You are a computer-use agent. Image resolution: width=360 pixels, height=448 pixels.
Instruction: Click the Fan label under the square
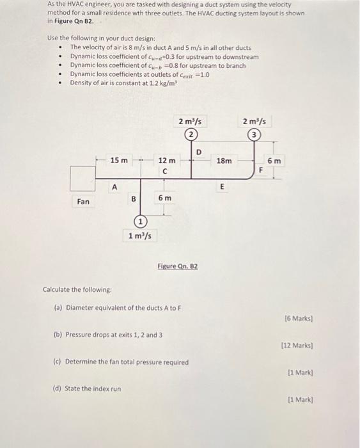[83, 202]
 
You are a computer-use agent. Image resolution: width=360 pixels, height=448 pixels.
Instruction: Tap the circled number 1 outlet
[140, 221]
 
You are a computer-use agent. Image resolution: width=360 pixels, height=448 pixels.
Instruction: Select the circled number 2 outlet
[190, 134]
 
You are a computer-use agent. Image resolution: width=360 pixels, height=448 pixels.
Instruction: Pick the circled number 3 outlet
[255, 134]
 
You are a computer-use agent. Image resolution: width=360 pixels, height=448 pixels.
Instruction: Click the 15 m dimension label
[119, 159]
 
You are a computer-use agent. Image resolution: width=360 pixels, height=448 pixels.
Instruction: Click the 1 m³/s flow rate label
[140, 236]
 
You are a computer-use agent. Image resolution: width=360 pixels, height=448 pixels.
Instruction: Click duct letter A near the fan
[114, 187]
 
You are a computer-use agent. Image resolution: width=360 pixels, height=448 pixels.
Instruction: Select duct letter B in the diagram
[134, 199]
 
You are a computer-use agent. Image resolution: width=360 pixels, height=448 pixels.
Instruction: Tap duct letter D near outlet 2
[198, 152]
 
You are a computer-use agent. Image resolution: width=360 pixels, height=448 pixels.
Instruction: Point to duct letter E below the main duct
[222, 187]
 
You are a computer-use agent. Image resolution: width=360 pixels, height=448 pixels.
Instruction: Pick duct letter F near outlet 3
[260, 170]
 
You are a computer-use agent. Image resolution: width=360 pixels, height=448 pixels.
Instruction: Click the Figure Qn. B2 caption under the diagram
[177, 265]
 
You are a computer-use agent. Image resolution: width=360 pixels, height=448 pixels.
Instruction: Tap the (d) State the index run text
[86, 388]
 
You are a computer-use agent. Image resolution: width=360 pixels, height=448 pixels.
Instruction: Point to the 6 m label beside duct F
[274, 161]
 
